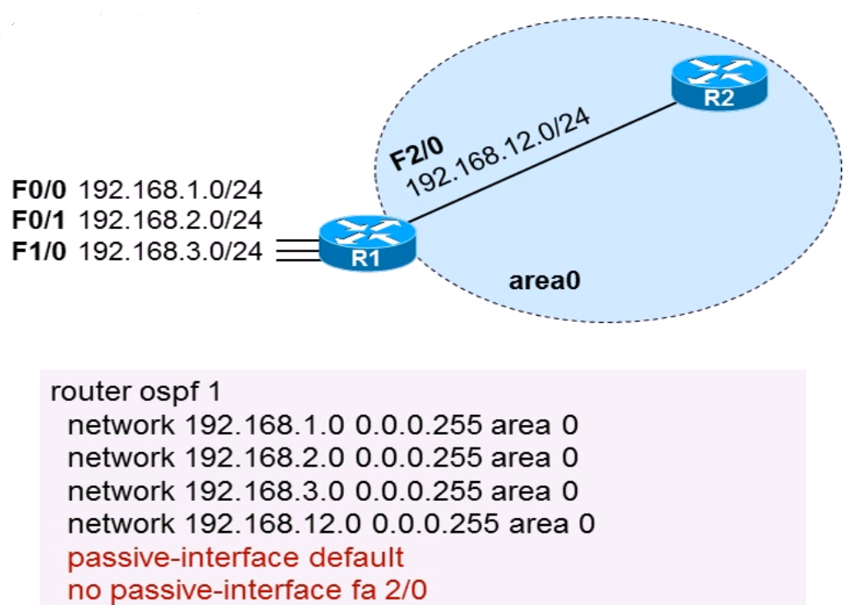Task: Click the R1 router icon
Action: pyautogui.click(x=367, y=244)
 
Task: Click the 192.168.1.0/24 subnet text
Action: pyautogui.click(x=170, y=188)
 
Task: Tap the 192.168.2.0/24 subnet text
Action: pyautogui.click(x=170, y=219)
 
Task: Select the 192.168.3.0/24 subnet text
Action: pyautogui.click(x=170, y=251)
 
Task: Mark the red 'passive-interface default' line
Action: pyautogui.click(x=235, y=557)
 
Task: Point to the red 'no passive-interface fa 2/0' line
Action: pyautogui.click(x=247, y=590)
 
